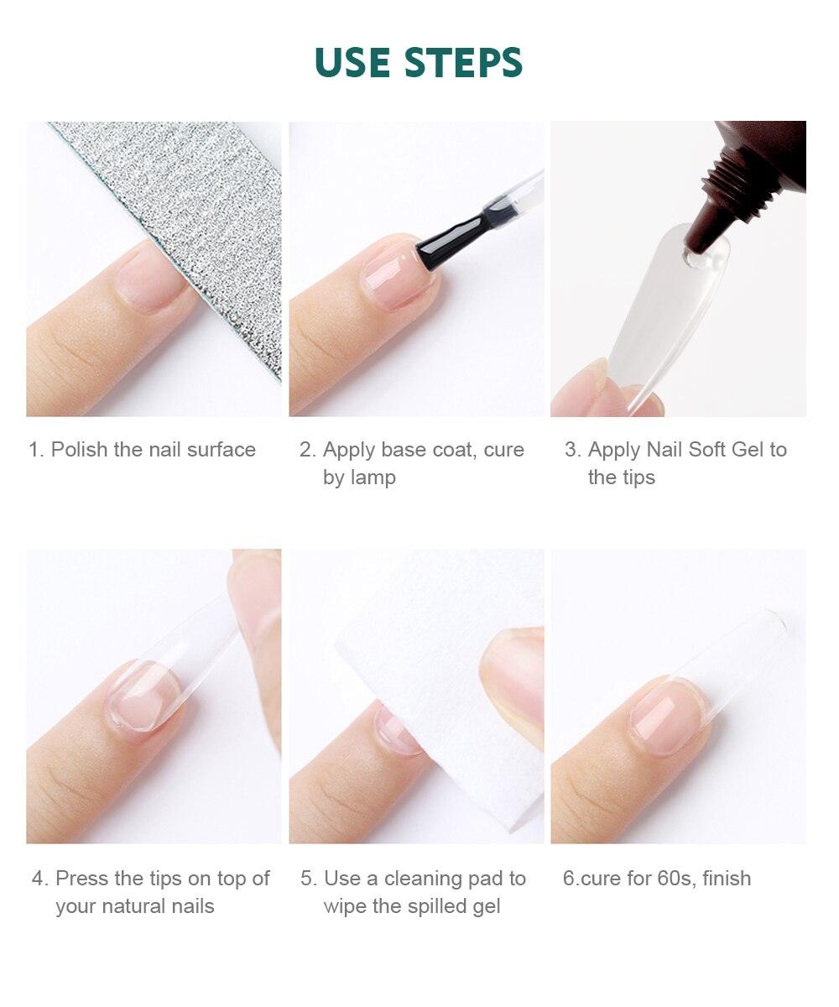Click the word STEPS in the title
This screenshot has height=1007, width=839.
point(463,62)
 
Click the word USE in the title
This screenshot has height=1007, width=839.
point(352,62)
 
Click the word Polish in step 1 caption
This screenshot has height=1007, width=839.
point(79,450)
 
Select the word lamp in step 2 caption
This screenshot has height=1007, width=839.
point(373,477)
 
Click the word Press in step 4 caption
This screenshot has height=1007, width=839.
point(82,879)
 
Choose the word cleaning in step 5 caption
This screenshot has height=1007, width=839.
point(420,879)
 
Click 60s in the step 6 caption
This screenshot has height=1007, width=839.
point(674,879)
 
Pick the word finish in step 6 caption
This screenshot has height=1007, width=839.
point(727,879)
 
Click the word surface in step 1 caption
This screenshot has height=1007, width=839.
point(221,450)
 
